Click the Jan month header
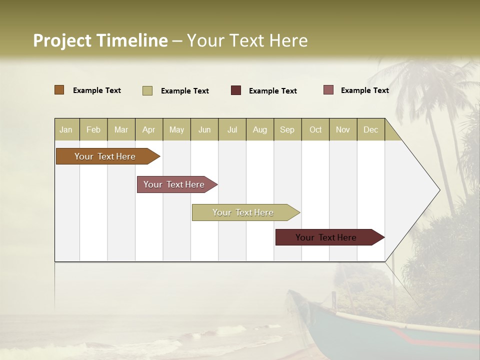[x=66, y=129]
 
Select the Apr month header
[x=148, y=129]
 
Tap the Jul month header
[x=232, y=129]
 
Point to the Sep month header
[x=287, y=129]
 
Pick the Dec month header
[x=370, y=129]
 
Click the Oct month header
[x=315, y=129]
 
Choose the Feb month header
[x=93, y=129]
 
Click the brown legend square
[x=59, y=90]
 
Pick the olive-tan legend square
[x=147, y=90]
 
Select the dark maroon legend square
[x=236, y=90]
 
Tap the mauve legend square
[x=328, y=90]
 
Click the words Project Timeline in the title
[x=100, y=40]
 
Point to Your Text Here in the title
[x=247, y=40]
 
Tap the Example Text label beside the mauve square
[x=364, y=90]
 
